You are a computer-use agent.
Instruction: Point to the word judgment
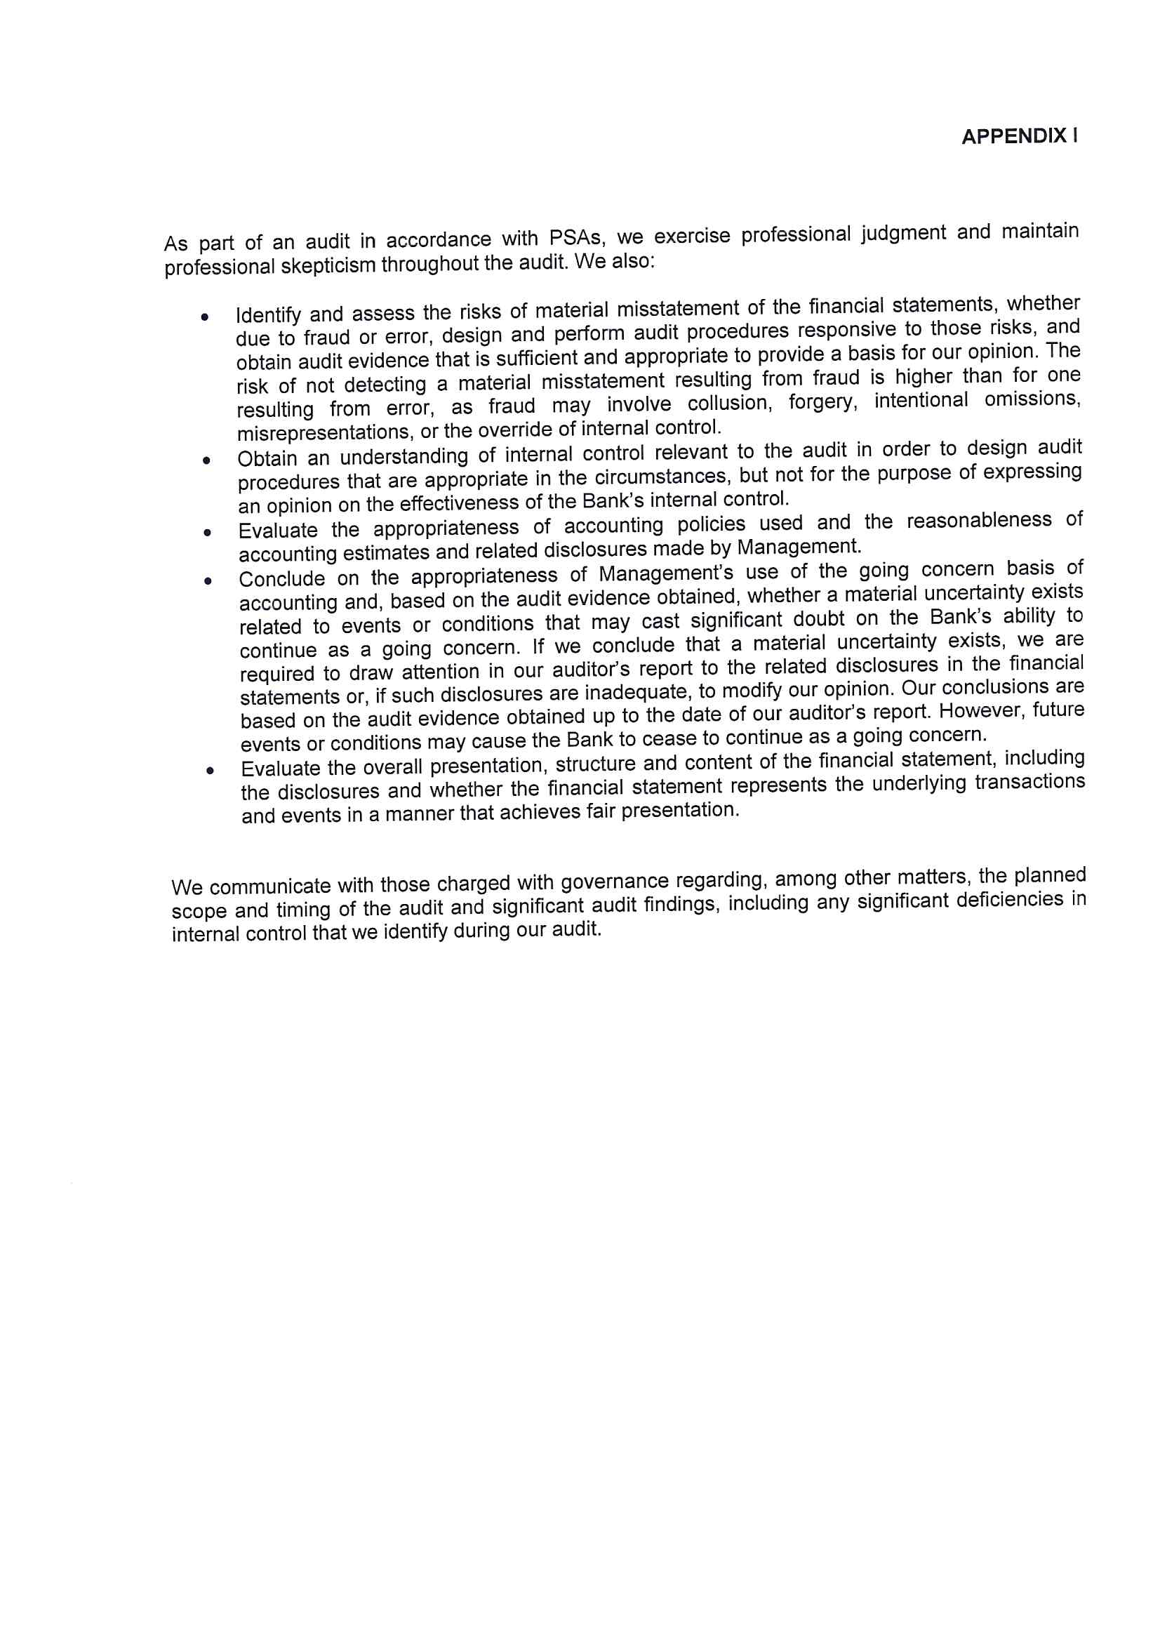click(902, 234)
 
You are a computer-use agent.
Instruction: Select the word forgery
click(822, 401)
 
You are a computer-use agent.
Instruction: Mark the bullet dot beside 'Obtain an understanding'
click(206, 460)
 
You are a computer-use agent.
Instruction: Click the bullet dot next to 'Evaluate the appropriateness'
click(207, 533)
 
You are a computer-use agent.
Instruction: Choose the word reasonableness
click(978, 521)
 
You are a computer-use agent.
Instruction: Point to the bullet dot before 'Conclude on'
click(208, 581)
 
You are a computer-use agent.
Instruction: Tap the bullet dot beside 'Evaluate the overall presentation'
click(209, 771)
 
